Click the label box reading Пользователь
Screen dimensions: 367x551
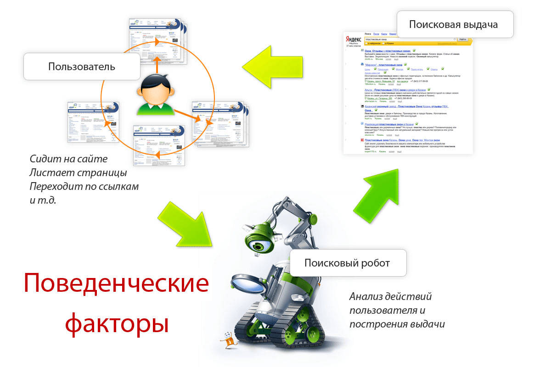coord(82,67)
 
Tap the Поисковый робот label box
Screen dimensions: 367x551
coord(347,263)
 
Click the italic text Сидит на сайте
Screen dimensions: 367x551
coord(68,159)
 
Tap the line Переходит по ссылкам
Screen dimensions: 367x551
coord(84,187)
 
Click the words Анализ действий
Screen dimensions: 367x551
coord(390,296)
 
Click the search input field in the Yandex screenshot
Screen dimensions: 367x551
coord(409,40)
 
